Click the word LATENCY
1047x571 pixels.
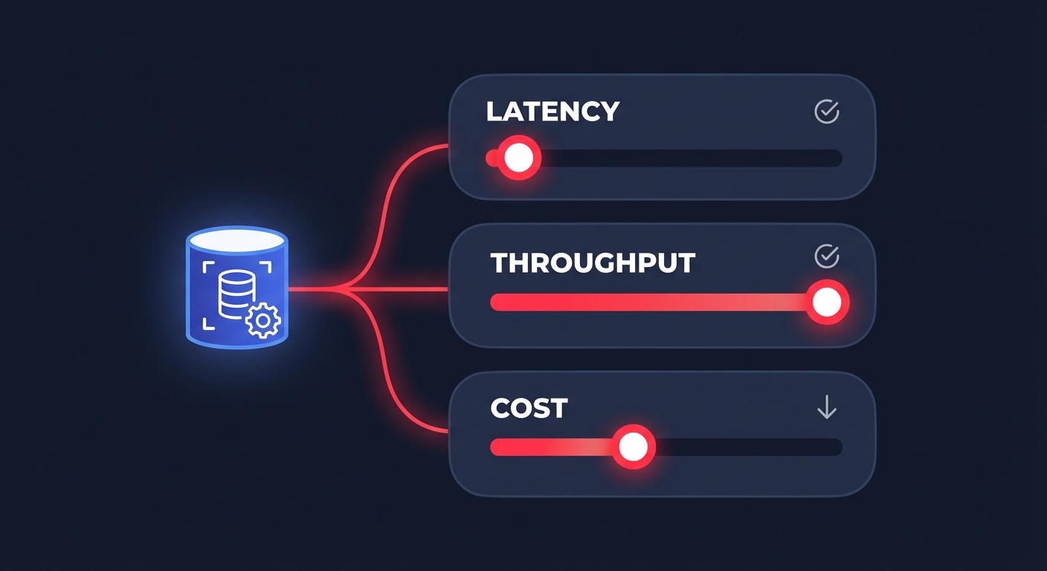[553, 112]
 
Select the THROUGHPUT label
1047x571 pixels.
[593, 263]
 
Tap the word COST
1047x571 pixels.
[529, 408]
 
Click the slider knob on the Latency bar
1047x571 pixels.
[518, 158]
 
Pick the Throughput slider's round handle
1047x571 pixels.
[826, 302]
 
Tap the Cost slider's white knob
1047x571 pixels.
[633, 447]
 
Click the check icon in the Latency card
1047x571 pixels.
[827, 112]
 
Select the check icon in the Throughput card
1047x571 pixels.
[827, 257]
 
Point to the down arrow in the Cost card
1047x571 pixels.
[827, 407]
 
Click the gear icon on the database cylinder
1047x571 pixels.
[262, 321]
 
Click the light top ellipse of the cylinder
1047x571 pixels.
[236, 239]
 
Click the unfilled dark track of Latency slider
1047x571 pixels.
[692, 158]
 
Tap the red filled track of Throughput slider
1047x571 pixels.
[647, 302]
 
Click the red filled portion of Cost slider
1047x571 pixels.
[550, 447]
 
